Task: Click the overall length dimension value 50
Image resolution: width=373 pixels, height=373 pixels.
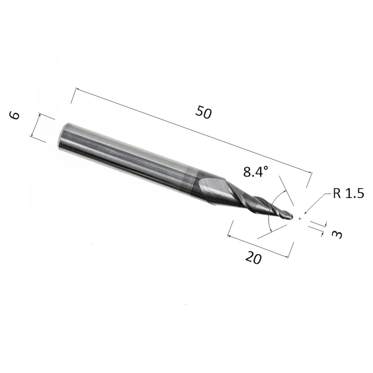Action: coord(203,112)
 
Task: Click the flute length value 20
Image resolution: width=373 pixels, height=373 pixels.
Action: coord(254,258)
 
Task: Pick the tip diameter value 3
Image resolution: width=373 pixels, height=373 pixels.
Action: coord(337,235)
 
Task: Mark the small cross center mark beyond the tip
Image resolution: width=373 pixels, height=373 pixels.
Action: coord(300,219)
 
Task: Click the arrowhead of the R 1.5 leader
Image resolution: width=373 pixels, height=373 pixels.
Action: coord(306,213)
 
